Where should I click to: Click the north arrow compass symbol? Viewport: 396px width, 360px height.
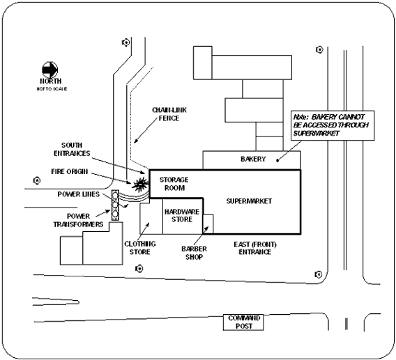pyautogui.click(x=50, y=70)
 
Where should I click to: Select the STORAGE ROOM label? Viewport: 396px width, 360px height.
pyautogui.click(x=174, y=184)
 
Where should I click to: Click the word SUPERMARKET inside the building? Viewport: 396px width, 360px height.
pyautogui.click(x=249, y=201)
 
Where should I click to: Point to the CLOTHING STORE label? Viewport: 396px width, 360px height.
pyautogui.click(x=142, y=248)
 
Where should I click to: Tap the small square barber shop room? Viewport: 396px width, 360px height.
pyautogui.click(x=207, y=224)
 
